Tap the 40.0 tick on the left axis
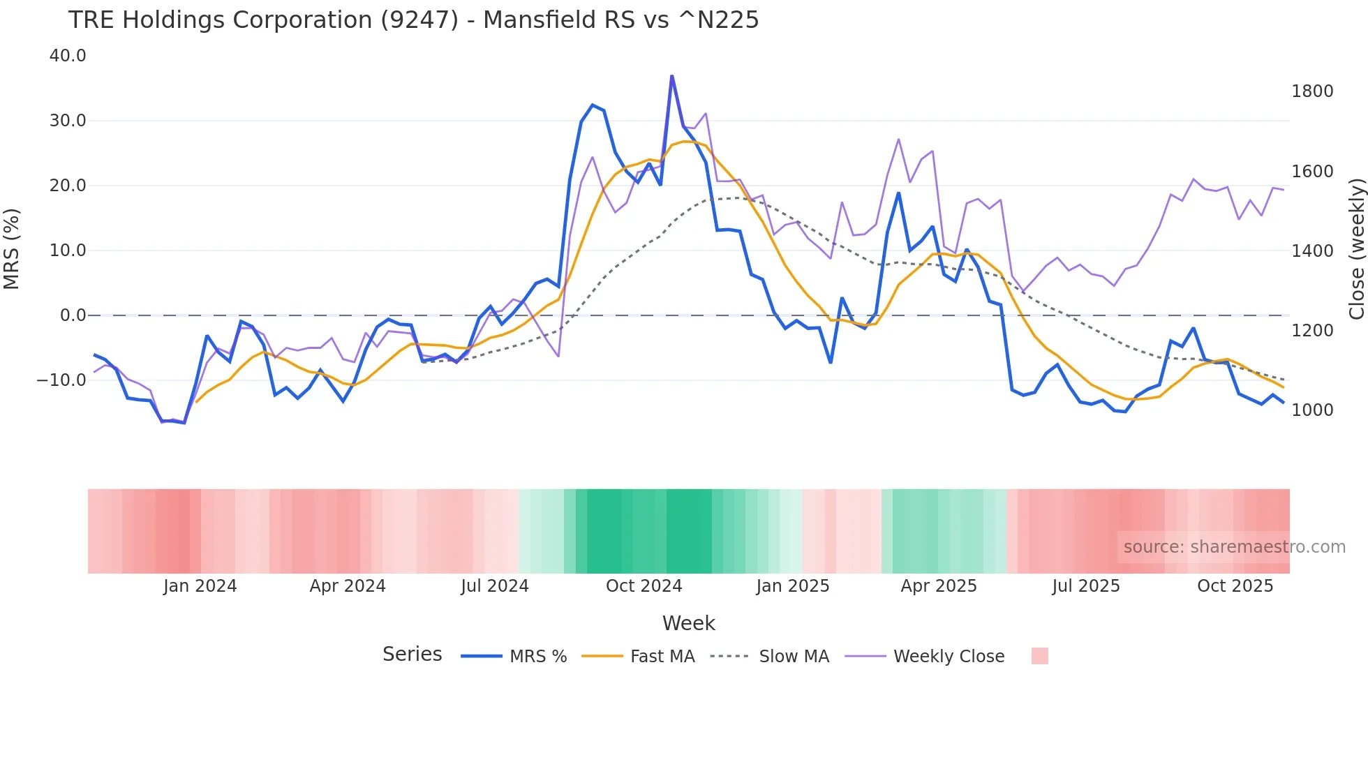(x=68, y=56)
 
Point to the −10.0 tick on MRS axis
(x=61, y=380)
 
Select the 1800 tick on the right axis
(x=1312, y=91)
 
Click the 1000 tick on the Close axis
(x=1312, y=410)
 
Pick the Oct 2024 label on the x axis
(x=644, y=586)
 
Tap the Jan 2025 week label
(x=792, y=586)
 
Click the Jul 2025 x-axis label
(x=1085, y=586)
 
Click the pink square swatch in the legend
(x=1039, y=656)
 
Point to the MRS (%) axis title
(x=12, y=249)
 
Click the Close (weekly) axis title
(x=1356, y=249)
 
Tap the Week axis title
(x=688, y=623)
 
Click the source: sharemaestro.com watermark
(x=1234, y=547)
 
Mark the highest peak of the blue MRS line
(x=671, y=76)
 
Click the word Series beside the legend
(x=412, y=655)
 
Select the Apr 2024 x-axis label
(x=348, y=586)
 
